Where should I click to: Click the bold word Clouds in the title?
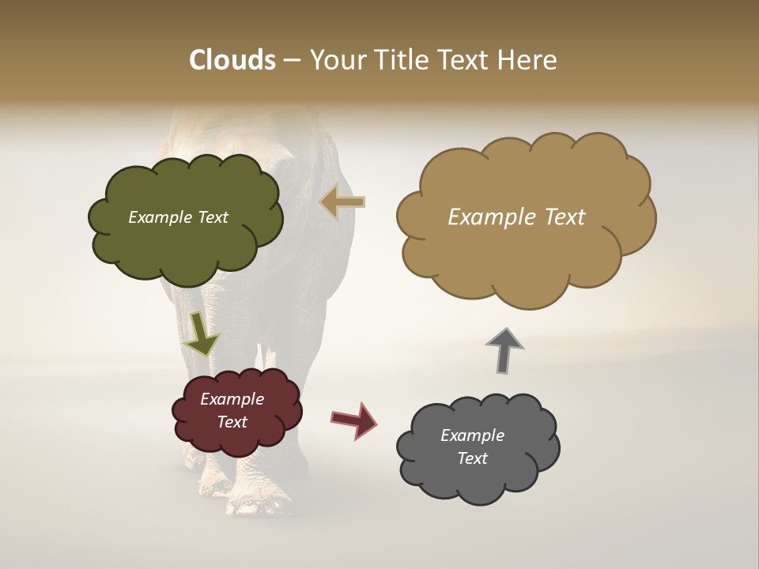(232, 60)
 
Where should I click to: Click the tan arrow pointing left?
(342, 202)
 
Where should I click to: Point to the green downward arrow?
(201, 334)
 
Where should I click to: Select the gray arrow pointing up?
(504, 349)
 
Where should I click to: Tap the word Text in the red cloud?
(232, 422)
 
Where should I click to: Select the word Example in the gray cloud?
(472, 435)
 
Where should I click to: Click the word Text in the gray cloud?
(473, 458)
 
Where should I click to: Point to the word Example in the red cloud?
(232, 399)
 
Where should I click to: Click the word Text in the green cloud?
(213, 217)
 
